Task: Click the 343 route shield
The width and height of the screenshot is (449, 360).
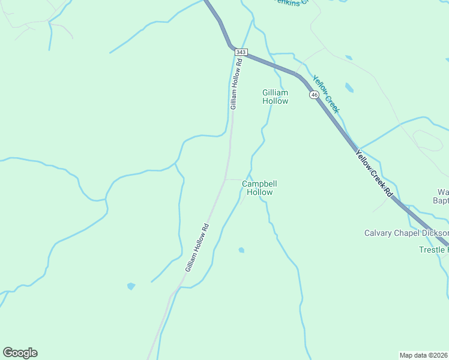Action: [x=241, y=53]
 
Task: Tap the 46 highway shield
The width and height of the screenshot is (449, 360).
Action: [x=314, y=95]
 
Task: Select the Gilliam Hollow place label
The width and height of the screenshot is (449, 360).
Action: [x=275, y=97]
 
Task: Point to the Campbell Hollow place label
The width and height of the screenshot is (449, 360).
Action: [x=259, y=188]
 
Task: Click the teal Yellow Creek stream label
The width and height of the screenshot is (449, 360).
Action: [x=326, y=94]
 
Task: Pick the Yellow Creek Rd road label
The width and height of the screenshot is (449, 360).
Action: [x=373, y=174]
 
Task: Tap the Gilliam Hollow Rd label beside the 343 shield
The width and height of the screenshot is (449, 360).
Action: [x=235, y=84]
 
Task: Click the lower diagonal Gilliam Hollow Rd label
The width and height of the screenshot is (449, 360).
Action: [x=197, y=248]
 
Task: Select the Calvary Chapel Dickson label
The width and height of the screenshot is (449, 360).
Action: [x=406, y=233]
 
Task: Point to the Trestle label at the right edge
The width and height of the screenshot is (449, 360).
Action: [x=433, y=250]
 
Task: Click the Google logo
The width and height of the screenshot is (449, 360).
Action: [x=20, y=353]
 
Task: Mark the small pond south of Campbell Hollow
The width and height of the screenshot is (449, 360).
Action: [x=241, y=250]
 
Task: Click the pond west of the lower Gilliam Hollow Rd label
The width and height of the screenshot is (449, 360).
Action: [x=131, y=286]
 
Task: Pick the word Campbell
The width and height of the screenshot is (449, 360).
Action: [x=259, y=184]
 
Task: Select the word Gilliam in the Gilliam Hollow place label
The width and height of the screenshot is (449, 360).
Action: [x=275, y=92]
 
